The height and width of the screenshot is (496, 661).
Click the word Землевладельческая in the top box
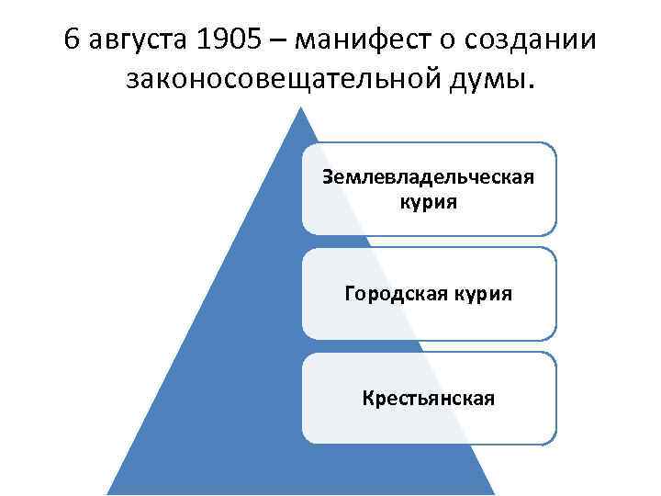pyautogui.click(x=429, y=176)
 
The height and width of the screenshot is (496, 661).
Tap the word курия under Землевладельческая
pyautogui.click(x=429, y=200)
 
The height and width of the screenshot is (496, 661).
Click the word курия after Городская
pyautogui.click(x=484, y=294)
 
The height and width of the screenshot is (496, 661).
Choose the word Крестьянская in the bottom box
pyautogui.click(x=429, y=399)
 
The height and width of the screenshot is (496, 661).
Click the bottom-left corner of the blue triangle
pyautogui.click(x=108, y=493)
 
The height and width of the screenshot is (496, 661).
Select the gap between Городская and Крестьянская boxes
pyautogui.click(x=429, y=346)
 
